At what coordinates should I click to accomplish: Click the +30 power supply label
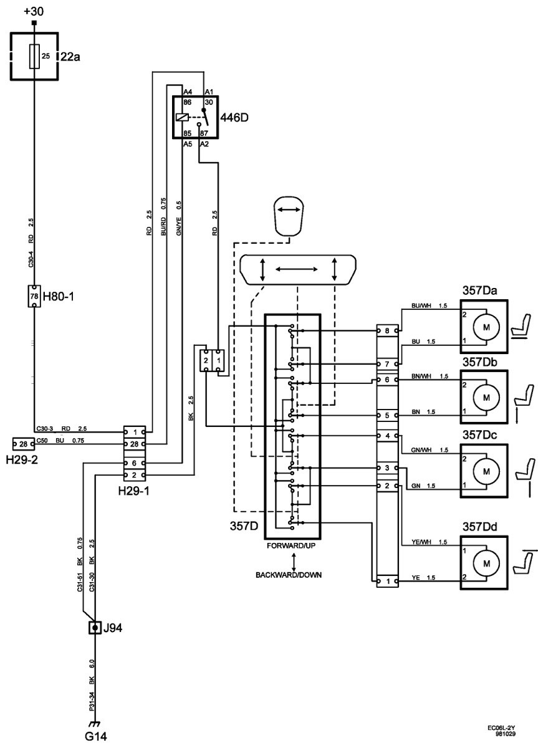pyautogui.click(x=34, y=11)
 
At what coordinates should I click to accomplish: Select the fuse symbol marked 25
pyautogui.click(x=34, y=56)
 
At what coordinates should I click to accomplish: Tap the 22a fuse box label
pyautogui.click(x=70, y=57)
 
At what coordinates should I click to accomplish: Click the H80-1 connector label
pyautogui.click(x=59, y=296)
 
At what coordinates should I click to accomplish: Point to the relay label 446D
pyautogui.click(x=234, y=118)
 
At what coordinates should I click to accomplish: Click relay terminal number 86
pyautogui.click(x=188, y=102)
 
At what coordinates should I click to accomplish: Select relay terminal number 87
pyautogui.click(x=204, y=133)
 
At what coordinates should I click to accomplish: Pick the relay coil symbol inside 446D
pyautogui.click(x=182, y=117)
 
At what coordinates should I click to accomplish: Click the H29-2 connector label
pyautogui.click(x=22, y=460)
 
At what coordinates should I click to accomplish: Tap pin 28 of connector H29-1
pyautogui.click(x=134, y=444)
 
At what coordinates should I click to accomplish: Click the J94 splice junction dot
pyautogui.click(x=95, y=628)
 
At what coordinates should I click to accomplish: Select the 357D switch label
pyautogui.click(x=244, y=526)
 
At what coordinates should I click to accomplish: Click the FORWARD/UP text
pyautogui.click(x=291, y=545)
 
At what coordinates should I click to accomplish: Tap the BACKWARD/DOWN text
pyautogui.click(x=289, y=575)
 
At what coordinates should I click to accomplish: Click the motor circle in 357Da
pyautogui.click(x=486, y=327)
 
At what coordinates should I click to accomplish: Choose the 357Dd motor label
pyautogui.click(x=479, y=527)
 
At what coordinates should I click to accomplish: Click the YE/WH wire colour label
pyautogui.click(x=420, y=542)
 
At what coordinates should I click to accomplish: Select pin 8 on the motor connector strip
pyautogui.click(x=387, y=330)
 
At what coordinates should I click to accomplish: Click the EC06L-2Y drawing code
pyautogui.click(x=501, y=734)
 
